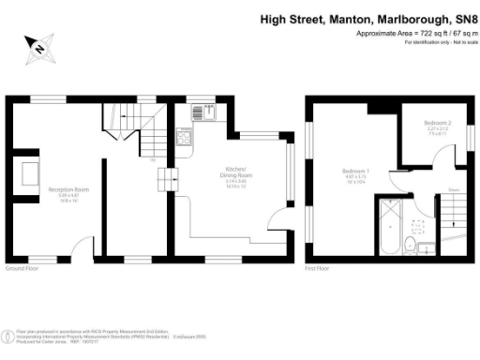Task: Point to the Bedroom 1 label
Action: point(354,172)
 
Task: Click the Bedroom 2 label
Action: point(437,124)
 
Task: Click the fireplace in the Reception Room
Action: point(29,173)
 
